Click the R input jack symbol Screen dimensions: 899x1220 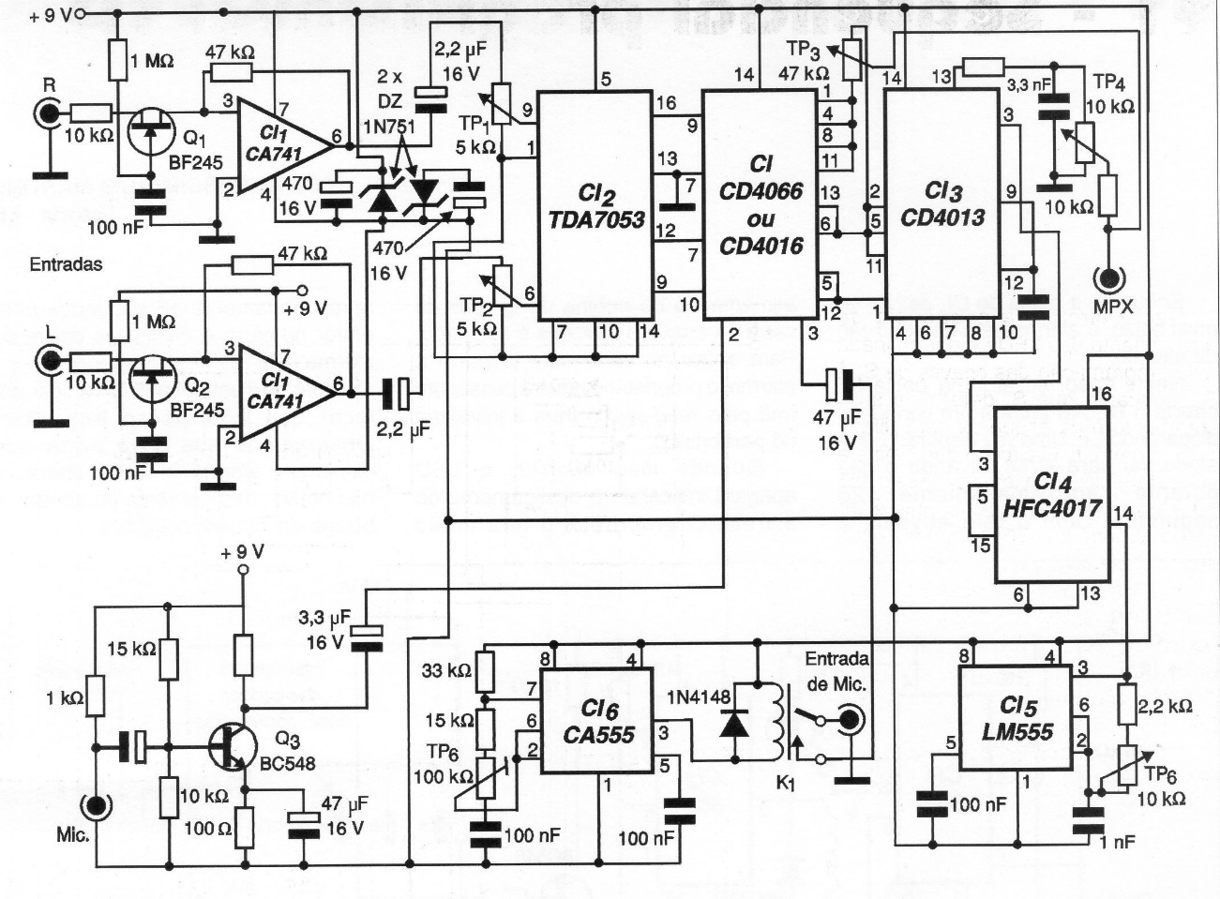tap(46, 113)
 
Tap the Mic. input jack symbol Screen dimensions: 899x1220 tap(95, 805)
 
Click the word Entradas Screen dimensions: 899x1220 tap(66, 264)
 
